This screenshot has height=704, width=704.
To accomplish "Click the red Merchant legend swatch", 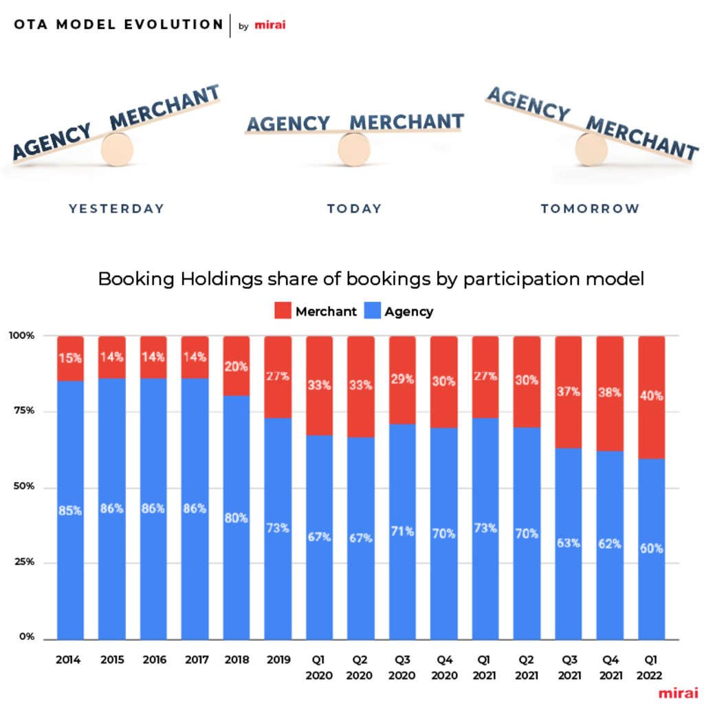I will point(283,311).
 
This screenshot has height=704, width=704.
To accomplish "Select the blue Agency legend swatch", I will point(372,311).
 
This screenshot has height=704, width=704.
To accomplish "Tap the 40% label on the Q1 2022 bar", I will point(652,396).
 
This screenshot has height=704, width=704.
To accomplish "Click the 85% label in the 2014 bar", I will point(70,511).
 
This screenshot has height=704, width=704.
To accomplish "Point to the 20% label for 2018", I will point(236,366).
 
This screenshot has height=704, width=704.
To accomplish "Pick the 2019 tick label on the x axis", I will point(278,660).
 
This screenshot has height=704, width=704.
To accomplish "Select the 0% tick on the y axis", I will point(26,637).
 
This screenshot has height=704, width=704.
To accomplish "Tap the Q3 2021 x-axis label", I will point(568,667).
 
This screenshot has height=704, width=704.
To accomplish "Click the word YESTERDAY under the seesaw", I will point(116,208).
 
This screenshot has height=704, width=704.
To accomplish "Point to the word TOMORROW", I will point(590,208).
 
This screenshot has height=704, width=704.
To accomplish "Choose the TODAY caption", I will point(354,208).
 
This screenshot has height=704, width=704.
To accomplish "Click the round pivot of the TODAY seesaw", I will point(354,148).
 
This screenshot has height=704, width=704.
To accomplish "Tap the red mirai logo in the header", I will point(269,25).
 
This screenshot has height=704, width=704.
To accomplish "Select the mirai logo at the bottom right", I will point(677,692).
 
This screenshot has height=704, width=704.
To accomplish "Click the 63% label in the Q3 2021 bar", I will point(569,542).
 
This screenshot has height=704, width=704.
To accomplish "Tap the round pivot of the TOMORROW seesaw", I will point(591,148).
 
